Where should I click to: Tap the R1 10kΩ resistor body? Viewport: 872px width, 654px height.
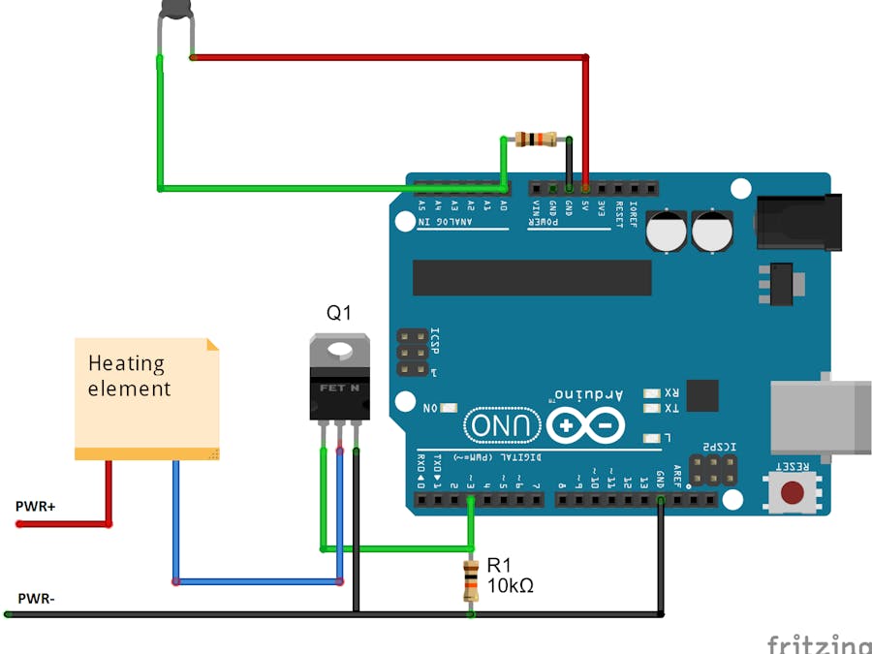pos(470,579)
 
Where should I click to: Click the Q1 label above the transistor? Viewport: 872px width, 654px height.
pos(339,313)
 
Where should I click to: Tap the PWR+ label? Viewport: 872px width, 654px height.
pos(36,506)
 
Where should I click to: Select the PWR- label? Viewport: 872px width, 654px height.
pos(36,598)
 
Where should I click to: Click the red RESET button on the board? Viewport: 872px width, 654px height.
pos(794,491)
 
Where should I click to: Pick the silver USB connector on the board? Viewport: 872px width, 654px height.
pos(819,416)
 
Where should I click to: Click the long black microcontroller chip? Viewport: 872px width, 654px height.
pos(532,277)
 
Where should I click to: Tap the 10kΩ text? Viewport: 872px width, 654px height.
pos(511,585)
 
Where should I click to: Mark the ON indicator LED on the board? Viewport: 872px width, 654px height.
pos(449,408)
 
